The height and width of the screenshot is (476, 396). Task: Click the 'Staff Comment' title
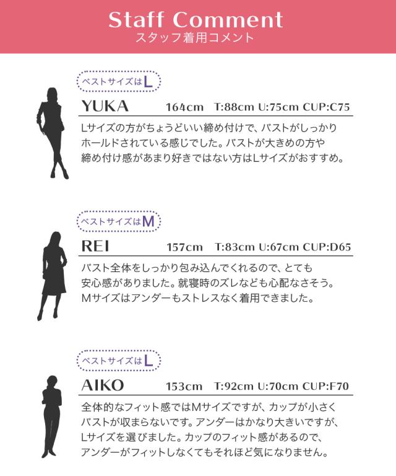[x=196, y=20]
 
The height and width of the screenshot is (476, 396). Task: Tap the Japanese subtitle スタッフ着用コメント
[x=194, y=38]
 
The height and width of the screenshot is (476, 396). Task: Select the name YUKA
[x=105, y=106]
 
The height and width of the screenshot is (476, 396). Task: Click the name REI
[x=95, y=246]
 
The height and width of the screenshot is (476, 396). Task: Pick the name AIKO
[x=103, y=386]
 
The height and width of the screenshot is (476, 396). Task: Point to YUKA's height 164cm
[x=184, y=107]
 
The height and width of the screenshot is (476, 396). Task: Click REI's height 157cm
[x=184, y=247]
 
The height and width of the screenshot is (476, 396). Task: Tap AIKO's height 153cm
[x=184, y=387]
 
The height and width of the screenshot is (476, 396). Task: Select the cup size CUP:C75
[x=326, y=107]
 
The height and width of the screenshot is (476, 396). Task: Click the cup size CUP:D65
[x=327, y=247]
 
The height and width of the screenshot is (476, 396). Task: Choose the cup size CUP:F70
[x=325, y=387]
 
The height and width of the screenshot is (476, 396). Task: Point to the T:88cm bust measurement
[x=234, y=107]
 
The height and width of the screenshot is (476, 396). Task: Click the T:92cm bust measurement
[x=234, y=387]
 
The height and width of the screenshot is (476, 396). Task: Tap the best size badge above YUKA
[x=118, y=81]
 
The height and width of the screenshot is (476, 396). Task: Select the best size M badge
[x=118, y=221]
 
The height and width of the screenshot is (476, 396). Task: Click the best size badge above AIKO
[x=118, y=361]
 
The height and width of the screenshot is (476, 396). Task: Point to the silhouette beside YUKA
[x=52, y=134]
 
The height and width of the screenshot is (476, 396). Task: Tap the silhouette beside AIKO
[x=52, y=416]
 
